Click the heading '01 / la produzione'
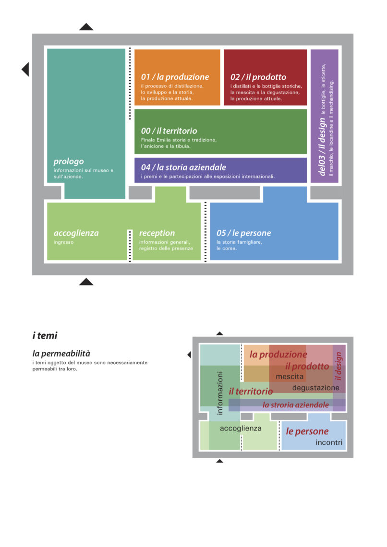[175, 77]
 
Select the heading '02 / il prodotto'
[258, 77]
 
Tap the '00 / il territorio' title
[169, 131]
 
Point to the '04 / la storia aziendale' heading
[183, 167]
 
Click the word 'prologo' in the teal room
[69, 162]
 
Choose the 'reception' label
[157, 233]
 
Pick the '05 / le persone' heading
[243, 233]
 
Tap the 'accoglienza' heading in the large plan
[76, 233]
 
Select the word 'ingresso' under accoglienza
[63, 242]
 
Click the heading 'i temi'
[45, 335]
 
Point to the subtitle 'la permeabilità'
[61, 353]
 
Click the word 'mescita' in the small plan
[290, 377]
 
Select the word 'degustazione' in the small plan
[316, 388]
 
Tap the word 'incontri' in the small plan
[329, 442]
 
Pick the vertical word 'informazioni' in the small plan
[219, 393]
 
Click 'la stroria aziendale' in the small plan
[296, 404]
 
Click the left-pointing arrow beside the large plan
[25, 69]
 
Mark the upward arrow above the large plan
[86, 27]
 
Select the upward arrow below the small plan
[219, 461]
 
